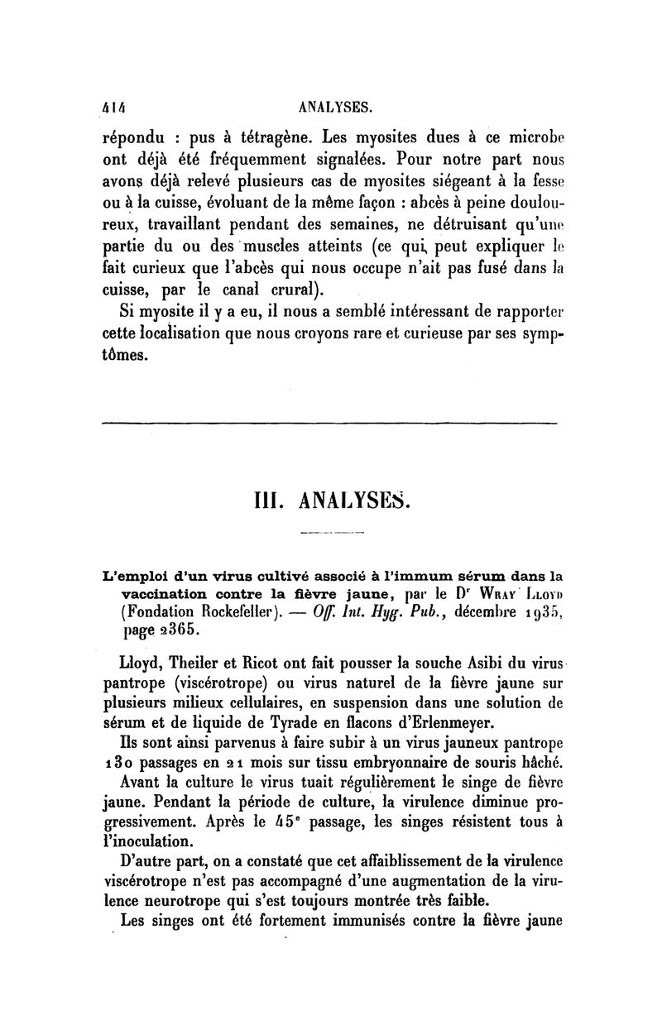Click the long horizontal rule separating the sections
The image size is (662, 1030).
tap(329, 424)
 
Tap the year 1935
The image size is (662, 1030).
tap(542, 613)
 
